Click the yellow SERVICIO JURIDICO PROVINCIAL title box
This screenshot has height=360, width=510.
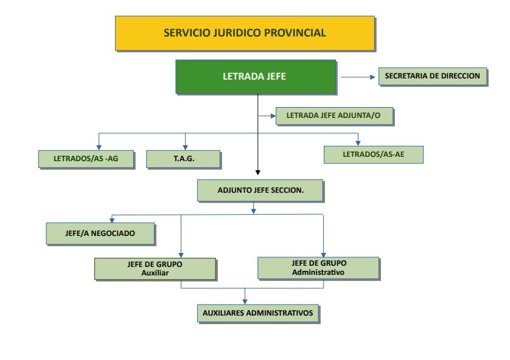click(x=245, y=33)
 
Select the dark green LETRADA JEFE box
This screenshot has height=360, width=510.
click(x=256, y=77)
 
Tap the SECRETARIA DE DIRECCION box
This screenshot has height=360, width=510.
click(x=433, y=77)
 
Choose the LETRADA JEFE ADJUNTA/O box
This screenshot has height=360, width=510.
click(x=334, y=116)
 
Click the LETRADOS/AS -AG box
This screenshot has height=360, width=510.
click(x=86, y=158)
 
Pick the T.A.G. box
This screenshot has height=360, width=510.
click(x=183, y=158)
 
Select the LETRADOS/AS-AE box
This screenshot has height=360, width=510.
click(x=373, y=154)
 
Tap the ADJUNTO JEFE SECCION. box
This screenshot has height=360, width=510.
click(x=260, y=190)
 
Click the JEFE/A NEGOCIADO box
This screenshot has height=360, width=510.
click(x=100, y=233)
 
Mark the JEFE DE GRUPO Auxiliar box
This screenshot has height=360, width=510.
click(x=155, y=268)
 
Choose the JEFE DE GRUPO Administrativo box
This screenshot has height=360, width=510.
click(x=318, y=268)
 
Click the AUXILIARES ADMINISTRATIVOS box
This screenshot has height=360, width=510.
click(x=258, y=313)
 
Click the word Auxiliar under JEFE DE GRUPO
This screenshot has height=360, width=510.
click(x=155, y=273)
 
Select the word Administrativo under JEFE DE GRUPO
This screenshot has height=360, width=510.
click(x=318, y=272)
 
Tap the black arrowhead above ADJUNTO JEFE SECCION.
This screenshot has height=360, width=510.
click(x=258, y=171)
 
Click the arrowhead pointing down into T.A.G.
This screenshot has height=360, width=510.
click(x=185, y=146)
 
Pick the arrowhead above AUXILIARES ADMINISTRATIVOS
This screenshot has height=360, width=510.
click(x=245, y=300)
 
